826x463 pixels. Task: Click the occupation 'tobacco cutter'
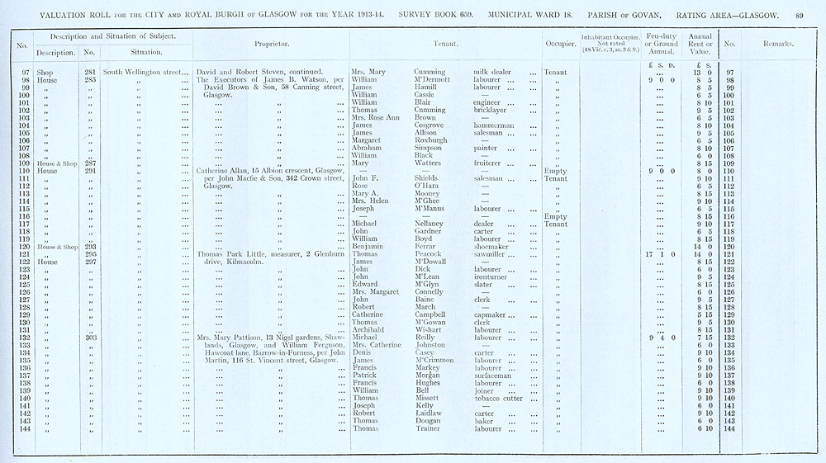(497, 399)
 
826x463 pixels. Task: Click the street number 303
(90, 338)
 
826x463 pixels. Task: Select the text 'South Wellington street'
(142, 73)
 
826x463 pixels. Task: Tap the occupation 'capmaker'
(493, 314)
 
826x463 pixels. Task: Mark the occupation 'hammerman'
(496, 125)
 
